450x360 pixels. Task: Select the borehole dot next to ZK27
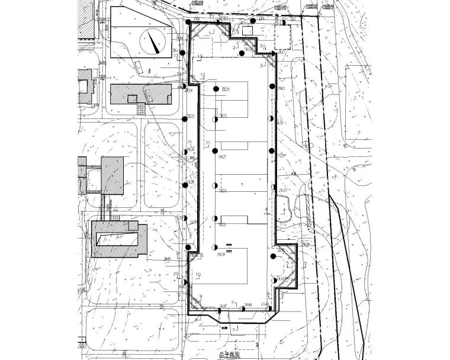point(214,152)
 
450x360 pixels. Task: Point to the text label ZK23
point(223,116)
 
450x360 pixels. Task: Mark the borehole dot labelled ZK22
point(185,119)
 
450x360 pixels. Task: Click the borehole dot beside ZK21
point(272,88)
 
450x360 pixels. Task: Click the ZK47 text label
point(223,306)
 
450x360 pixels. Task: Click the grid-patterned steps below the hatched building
point(141,109)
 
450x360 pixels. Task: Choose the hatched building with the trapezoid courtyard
point(118,238)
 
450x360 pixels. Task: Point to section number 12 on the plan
point(202,75)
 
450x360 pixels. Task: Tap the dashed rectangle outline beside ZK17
point(283,37)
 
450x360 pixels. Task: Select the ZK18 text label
point(189,91)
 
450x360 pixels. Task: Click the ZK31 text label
point(223,191)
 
